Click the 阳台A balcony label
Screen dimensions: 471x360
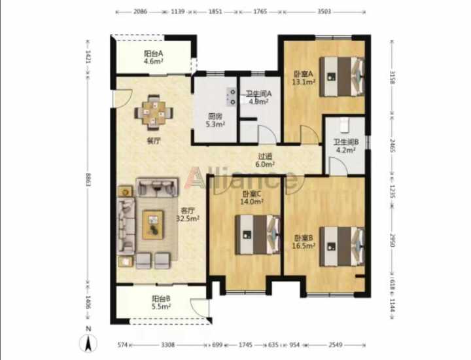pyautogui.click(x=154, y=57)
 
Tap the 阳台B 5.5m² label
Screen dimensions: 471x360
pyautogui.click(x=162, y=302)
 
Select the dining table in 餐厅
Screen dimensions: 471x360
pyautogui.click(x=154, y=113)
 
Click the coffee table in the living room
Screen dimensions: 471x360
pyautogui.click(x=153, y=225)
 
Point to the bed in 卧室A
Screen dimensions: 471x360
pyautogui.click(x=342, y=77)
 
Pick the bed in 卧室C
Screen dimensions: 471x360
pyautogui.click(x=258, y=235)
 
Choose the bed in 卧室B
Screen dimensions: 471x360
pyautogui.click(x=342, y=246)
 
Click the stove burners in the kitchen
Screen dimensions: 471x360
pyautogui.click(x=232, y=97)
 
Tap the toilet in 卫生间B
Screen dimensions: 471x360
pyautogui.click(x=344, y=124)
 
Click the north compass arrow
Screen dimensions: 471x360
pyautogui.click(x=88, y=342)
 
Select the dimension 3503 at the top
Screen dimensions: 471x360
pyautogui.click(x=324, y=11)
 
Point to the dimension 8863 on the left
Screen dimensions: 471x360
pyautogui.click(x=88, y=180)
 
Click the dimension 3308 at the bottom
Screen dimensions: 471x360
pyautogui.click(x=167, y=345)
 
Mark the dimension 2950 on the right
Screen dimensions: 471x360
pyautogui.click(x=392, y=240)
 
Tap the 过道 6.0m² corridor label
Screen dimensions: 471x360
pyautogui.click(x=265, y=160)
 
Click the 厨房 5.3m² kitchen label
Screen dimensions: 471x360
pyautogui.click(x=215, y=120)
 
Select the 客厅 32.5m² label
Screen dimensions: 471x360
pyautogui.click(x=188, y=215)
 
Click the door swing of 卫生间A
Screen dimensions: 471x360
pyautogui.click(x=268, y=134)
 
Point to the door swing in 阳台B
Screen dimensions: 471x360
pyautogui.click(x=200, y=306)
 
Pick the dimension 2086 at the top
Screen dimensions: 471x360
pyautogui.click(x=140, y=11)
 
